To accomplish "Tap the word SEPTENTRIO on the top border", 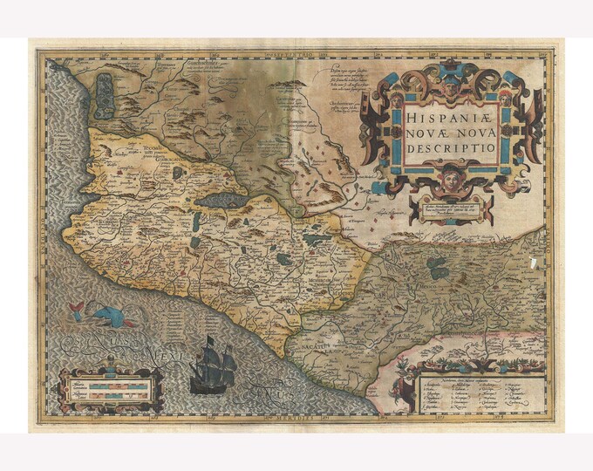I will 293,55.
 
